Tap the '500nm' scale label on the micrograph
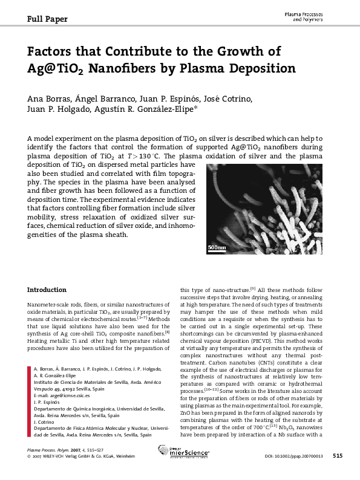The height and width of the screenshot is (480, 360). [x=216, y=248]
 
